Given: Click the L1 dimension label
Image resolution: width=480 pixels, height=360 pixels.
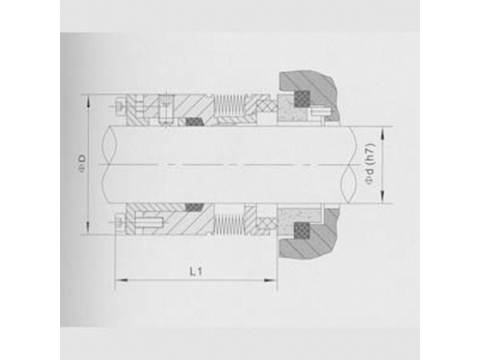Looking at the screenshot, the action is pyautogui.click(x=196, y=271).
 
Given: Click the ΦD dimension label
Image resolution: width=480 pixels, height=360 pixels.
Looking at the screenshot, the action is pyautogui.click(x=82, y=164).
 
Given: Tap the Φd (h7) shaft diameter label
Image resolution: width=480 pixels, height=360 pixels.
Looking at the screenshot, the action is pyautogui.click(x=369, y=164).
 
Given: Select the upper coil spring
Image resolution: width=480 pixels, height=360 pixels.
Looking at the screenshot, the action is pyautogui.click(x=229, y=105).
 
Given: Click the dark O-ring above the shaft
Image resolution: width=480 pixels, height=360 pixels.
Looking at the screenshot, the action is pyautogui.click(x=194, y=122).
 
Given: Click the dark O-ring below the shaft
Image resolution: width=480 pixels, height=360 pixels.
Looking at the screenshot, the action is pyautogui.click(x=194, y=207).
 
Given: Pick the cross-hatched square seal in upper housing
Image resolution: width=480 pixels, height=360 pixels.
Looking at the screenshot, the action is pyautogui.click(x=302, y=98).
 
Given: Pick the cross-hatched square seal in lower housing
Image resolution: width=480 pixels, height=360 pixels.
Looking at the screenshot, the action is pyautogui.click(x=302, y=231).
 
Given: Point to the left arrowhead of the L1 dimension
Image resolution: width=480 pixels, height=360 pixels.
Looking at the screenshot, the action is pyautogui.click(x=119, y=280).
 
